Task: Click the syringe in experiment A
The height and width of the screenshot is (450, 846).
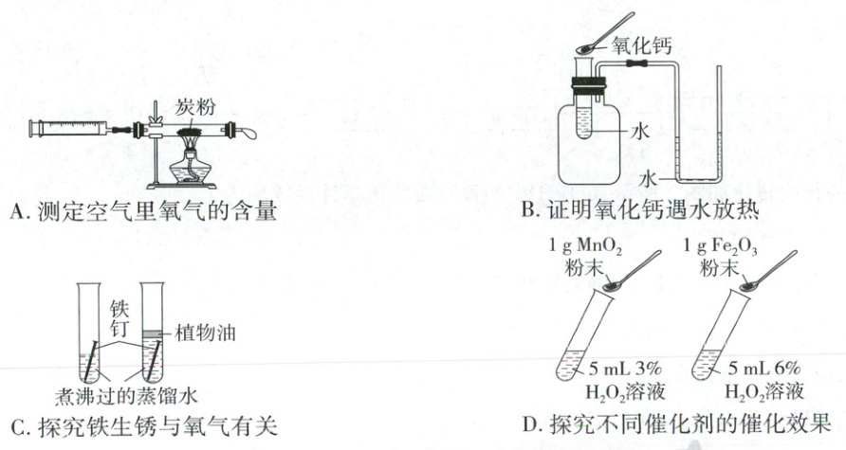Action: [x=70, y=128]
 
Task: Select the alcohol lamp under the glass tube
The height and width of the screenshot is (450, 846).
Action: [x=190, y=165]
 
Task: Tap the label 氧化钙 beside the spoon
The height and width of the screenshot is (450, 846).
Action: [x=641, y=45]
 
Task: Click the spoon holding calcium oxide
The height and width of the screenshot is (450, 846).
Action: [x=605, y=32]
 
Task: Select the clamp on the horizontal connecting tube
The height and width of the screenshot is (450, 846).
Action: [x=636, y=64]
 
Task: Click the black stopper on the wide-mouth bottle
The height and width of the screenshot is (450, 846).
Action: [x=589, y=85]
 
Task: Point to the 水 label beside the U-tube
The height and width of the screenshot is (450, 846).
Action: [x=648, y=178]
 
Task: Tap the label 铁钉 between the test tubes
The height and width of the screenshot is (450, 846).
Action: [x=120, y=318]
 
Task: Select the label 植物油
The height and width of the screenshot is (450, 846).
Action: [x=205, y=333]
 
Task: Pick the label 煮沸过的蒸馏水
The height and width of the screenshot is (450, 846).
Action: [x=126, y=397]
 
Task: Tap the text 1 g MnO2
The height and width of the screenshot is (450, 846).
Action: [x=586, y=247]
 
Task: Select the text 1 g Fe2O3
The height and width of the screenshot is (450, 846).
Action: [x=720, y=247]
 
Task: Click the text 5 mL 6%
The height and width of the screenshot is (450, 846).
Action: [x=764, y=369]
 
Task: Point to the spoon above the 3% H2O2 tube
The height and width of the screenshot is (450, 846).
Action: [x=633, y=271]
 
